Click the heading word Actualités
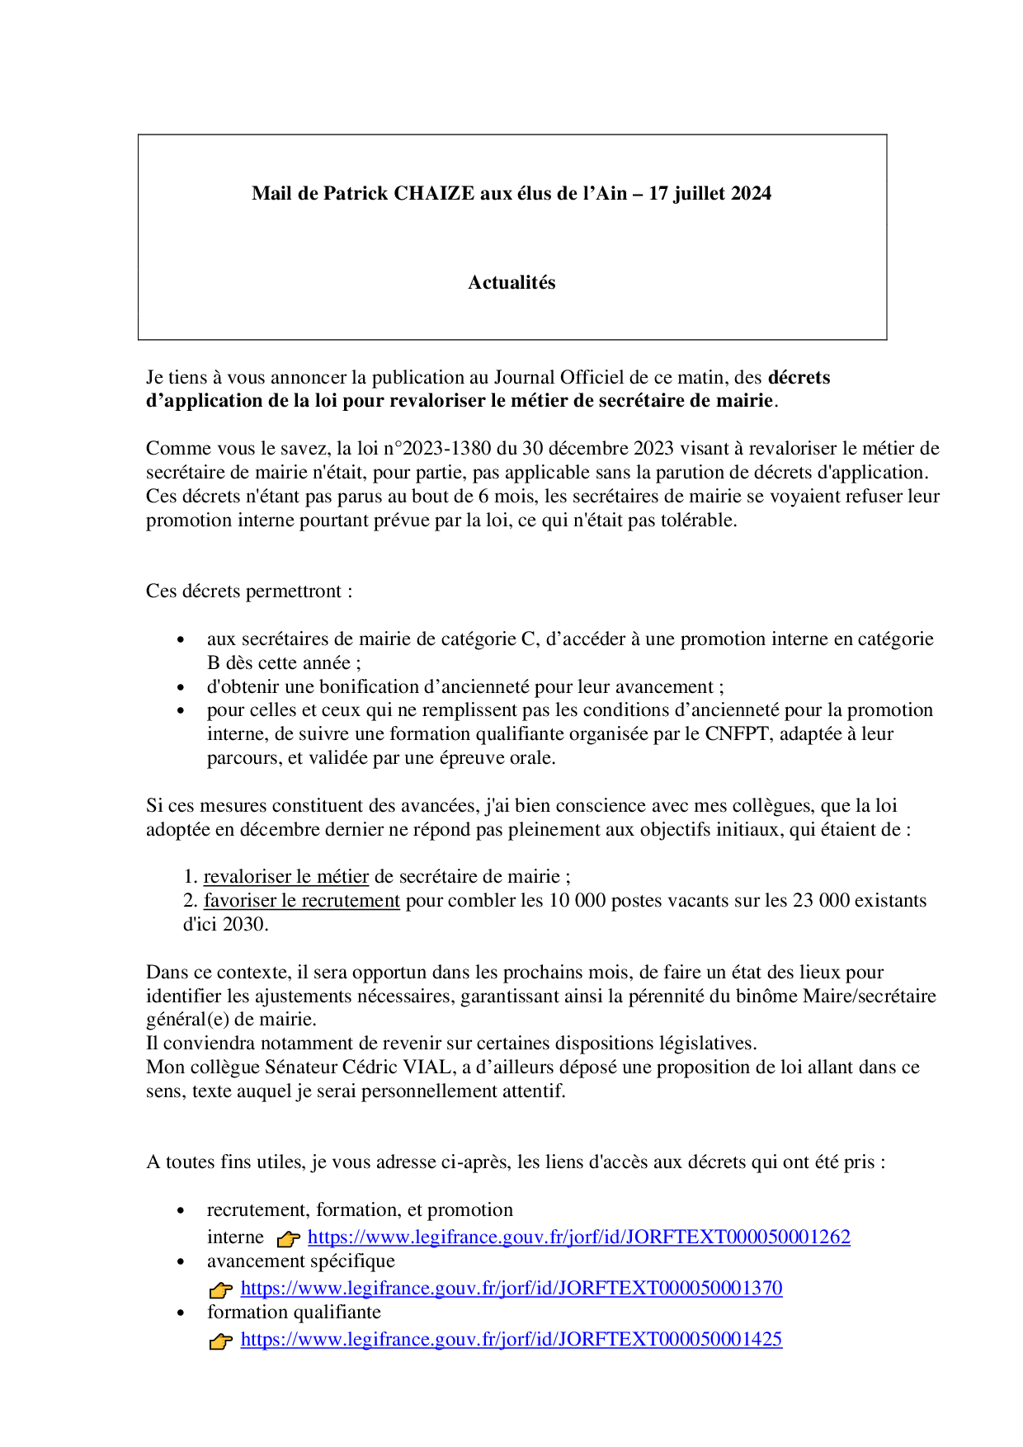[x=511, y=282]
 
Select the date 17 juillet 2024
[x=709, y=193]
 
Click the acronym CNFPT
[x=737, y=733]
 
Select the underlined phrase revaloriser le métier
[x=285, y=876]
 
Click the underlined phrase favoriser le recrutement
[x=302, y=900]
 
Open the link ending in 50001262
[x=578, y=1237]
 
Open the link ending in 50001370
[x=511, y=1288]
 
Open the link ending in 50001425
[x=511, y=1339]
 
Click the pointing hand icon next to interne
[x=288, y=1238]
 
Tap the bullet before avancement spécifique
[x=181, y=1262]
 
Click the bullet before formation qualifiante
[x=181, y=1313]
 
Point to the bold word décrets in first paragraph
[x=799, y=377]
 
